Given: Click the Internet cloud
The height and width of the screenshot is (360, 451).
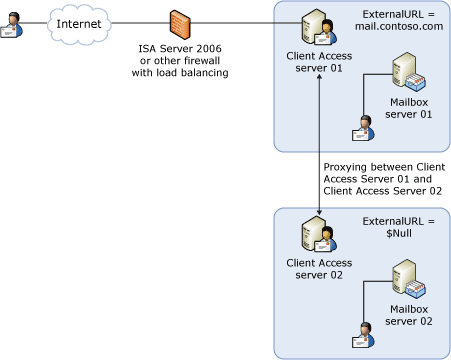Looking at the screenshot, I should pyautogui.click(x=79, y=23).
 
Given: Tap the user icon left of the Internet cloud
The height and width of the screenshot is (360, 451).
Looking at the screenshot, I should pyautogui.click(x=14, y=25).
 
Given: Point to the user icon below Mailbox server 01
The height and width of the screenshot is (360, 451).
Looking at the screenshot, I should pyautogui.click(x=360, y=128).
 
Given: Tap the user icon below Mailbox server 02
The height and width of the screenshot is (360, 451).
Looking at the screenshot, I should pyautogui.click(x=360, y=336).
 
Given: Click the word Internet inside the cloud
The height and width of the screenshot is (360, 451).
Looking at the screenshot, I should pyautogui.click(x=79, y=23).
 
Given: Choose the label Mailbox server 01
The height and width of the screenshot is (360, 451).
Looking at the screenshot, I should pyautogui.click(x=411, y=109).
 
